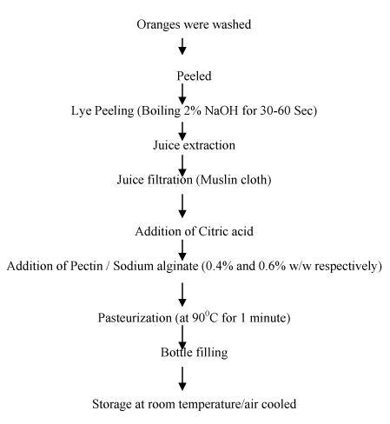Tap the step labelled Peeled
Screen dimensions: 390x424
194,76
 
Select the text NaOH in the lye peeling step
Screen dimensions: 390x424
221,110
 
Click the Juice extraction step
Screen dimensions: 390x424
194,145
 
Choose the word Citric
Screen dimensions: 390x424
211,231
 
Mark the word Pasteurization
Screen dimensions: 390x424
135,318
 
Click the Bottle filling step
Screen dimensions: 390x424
194,353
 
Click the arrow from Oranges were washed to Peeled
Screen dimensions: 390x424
182,46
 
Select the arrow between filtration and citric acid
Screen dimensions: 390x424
182,206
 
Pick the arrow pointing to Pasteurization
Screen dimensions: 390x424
182,295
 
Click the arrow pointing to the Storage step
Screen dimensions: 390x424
182,379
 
